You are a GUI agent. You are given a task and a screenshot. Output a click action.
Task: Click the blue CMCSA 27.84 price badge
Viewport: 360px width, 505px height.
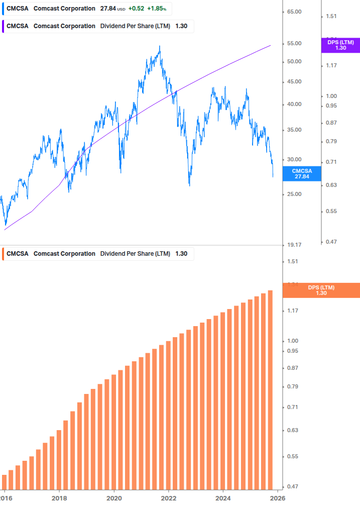pyautogui.click(x=302, y=174)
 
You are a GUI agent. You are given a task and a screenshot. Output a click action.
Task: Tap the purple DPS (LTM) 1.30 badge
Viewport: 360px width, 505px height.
pyautogui.click(x=340, y=45)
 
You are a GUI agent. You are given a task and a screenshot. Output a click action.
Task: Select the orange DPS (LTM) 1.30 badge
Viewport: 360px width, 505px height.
pyautogui.click(x=321, y=290)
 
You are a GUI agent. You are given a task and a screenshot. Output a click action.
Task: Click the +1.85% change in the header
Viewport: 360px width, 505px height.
pyautogui.click(x=156, y=9)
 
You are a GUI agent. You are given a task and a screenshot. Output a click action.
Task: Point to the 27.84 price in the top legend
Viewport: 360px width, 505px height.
pyautogui.click(x=108, y=9)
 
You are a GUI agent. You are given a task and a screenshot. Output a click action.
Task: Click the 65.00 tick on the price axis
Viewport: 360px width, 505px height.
pyautogui.click(x=294, y=12)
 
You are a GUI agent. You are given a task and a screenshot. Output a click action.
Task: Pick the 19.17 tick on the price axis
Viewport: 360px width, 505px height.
pyautogui.click(x=294, y=245)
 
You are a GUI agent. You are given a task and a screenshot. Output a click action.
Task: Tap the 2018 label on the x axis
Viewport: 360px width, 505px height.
pyautogui.click(x=59, y=497)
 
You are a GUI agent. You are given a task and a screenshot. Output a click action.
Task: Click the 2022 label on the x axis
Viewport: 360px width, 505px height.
pyautogui.click(x=169, y=497)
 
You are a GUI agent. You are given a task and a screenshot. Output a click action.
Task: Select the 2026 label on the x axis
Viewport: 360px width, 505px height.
pyautogui.click(x=278, y=497)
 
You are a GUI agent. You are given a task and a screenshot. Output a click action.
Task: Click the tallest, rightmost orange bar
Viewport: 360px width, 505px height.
pyautogui.click(x=270, y=387)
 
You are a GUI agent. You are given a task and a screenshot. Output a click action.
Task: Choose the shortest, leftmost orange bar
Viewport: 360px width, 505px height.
pyautogui.click(x=5, y=480)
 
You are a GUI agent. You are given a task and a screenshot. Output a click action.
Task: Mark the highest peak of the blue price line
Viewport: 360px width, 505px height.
pyautogui.click(x=160, y=47)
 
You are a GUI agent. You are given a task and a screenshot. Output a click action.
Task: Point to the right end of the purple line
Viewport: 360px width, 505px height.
pyautogui.click(x=271, y=45)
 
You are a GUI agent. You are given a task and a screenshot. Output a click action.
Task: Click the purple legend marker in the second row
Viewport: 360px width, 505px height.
pyautogui.click(x=4, y=26)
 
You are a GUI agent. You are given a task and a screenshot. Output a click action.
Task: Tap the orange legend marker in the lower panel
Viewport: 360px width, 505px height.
pyautogui.click(x=4, y=254)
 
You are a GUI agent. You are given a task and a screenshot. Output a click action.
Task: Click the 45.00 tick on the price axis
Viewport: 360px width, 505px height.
pyautogui.click(x=294, y=81)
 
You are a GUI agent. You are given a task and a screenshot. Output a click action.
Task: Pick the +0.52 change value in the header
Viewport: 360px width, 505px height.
pyautogui.click(x=136, y=9)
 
